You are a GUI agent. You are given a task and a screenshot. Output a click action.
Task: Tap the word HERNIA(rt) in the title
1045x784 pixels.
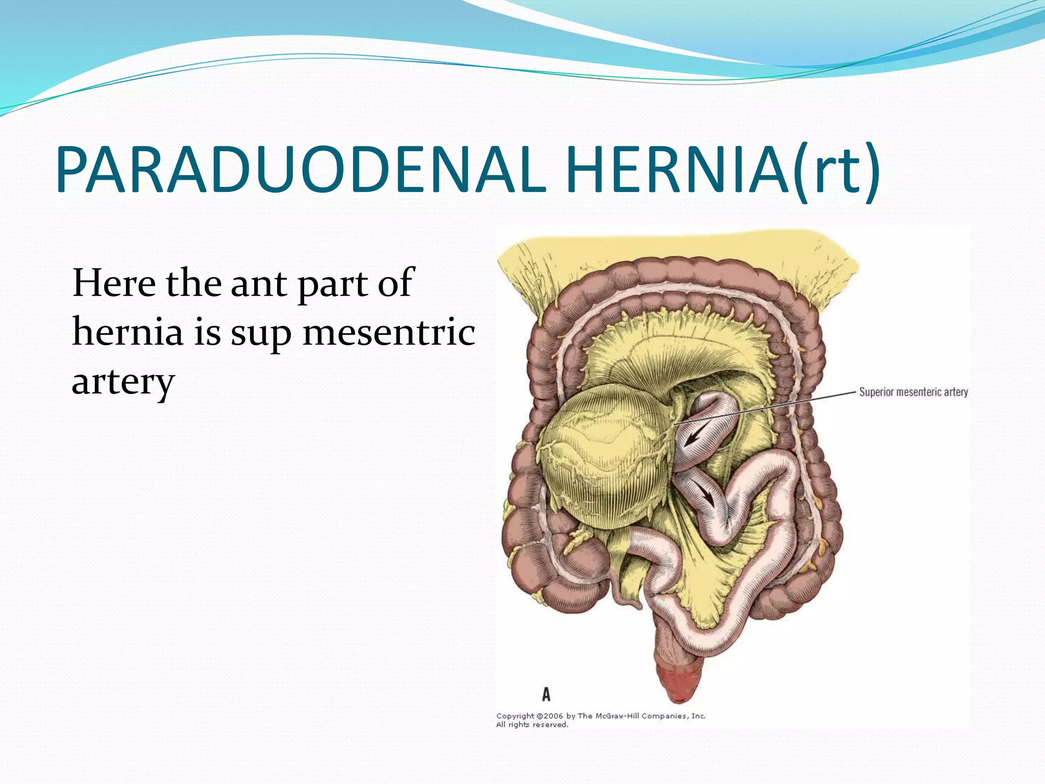(722, 169)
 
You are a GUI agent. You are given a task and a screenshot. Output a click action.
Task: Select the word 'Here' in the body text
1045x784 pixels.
(114, 283)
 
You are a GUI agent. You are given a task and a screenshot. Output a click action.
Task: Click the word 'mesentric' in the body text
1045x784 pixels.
(389, 332)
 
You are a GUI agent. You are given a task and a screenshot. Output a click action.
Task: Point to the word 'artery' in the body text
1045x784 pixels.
(123, 382)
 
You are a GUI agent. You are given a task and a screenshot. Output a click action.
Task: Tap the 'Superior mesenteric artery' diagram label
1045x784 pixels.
(913, 392)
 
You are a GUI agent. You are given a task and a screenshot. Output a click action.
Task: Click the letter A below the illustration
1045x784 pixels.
(546, 694)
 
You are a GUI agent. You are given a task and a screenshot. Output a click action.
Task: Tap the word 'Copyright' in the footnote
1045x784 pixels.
(515, 716)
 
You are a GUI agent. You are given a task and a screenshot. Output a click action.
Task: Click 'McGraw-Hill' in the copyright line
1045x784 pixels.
(617, 716)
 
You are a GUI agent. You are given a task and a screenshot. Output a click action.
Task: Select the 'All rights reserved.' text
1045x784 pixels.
(532, 725)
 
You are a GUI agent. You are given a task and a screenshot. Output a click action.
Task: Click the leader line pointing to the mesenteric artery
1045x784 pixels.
(765, 406)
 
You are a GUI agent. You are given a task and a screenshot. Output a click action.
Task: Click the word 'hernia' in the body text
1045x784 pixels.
(128, 332)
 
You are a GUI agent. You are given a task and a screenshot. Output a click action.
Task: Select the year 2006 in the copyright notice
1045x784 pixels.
(554, 716)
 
